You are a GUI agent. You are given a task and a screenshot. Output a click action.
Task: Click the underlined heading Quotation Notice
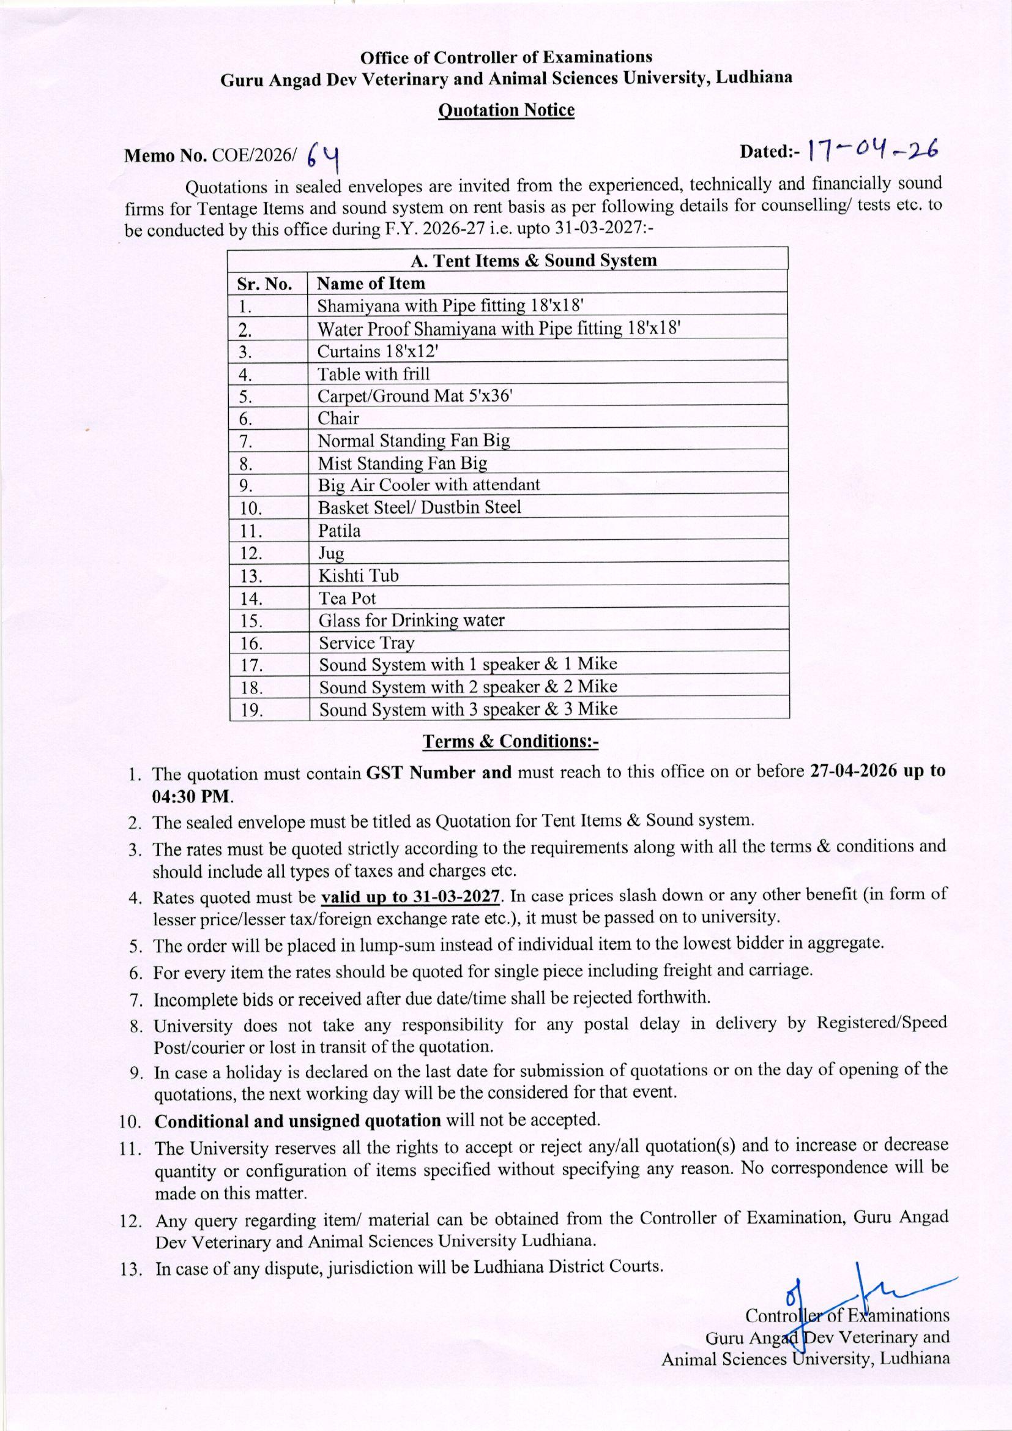coord(506,110)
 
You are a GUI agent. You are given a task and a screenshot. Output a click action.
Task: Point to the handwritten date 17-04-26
coord(872,150)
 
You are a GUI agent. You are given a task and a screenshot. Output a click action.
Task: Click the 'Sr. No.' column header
coord(264,283)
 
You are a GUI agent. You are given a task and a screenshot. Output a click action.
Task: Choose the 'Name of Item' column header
coord(371,283)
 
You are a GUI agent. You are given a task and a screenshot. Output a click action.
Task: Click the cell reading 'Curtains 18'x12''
coord(378,351)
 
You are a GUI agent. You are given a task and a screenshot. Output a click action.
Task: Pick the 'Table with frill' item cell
coord(373,374)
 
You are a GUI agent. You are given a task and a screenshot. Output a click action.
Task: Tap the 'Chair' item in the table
coord(338,418)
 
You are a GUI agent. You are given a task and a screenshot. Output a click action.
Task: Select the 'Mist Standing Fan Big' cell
coord(402,463)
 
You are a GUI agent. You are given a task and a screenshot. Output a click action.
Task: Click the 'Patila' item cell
coord(339,531)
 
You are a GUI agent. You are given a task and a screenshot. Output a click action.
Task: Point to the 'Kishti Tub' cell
coord(359,575)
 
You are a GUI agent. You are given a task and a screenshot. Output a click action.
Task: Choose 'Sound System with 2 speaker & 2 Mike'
coord(468,687)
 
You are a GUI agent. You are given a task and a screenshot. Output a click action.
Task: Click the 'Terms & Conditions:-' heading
coord(510,742)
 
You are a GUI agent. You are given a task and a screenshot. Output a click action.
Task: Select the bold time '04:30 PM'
coord(191,796)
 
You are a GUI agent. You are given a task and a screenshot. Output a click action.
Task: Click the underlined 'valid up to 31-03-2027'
coord(411,897)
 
